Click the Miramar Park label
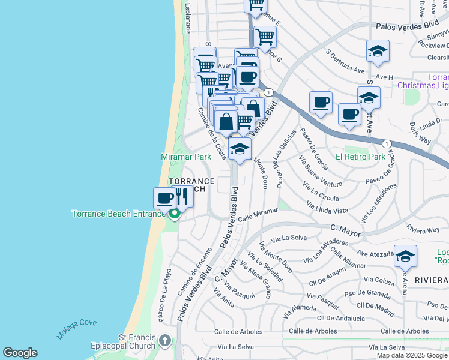[186, 157]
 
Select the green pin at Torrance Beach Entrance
[175, 214]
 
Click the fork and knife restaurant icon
[183, 196]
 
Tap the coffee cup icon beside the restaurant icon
[164, 197]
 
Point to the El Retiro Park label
[360, 157]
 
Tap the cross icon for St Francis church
[165, 342]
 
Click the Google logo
[20, 353]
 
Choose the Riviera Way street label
[422, 230]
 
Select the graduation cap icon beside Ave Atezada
[406, 256]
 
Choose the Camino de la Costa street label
[212, 133]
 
